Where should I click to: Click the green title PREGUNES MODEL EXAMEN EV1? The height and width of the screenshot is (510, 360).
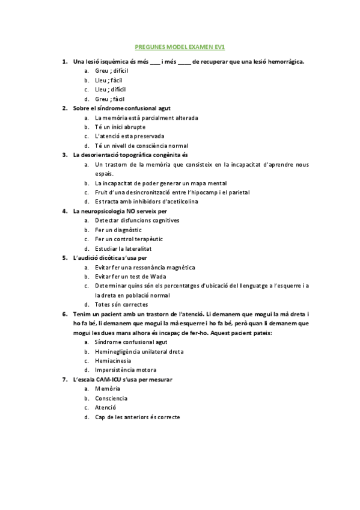[x=180, y=47]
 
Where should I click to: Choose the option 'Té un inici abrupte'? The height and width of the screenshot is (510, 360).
[x=120, y=127]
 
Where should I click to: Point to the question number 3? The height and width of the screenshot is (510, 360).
[x=64, y=155]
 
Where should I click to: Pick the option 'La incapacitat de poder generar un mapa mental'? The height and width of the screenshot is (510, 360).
[x=160, y=183]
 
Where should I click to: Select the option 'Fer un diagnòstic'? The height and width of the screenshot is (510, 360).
[x=119, y=230]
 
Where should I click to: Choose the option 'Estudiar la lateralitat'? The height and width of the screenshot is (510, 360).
[x=123, y=248]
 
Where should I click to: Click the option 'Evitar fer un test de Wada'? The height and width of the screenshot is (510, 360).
[x=131, y=277]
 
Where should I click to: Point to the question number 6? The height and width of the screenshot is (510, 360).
[x=64, y=314]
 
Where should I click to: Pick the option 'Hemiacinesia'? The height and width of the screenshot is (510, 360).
[x=113, y=360]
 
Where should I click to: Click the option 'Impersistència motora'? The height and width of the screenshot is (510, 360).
[x=126, y=370]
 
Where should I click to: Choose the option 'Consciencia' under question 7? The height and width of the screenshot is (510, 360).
[x=111, y=398]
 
